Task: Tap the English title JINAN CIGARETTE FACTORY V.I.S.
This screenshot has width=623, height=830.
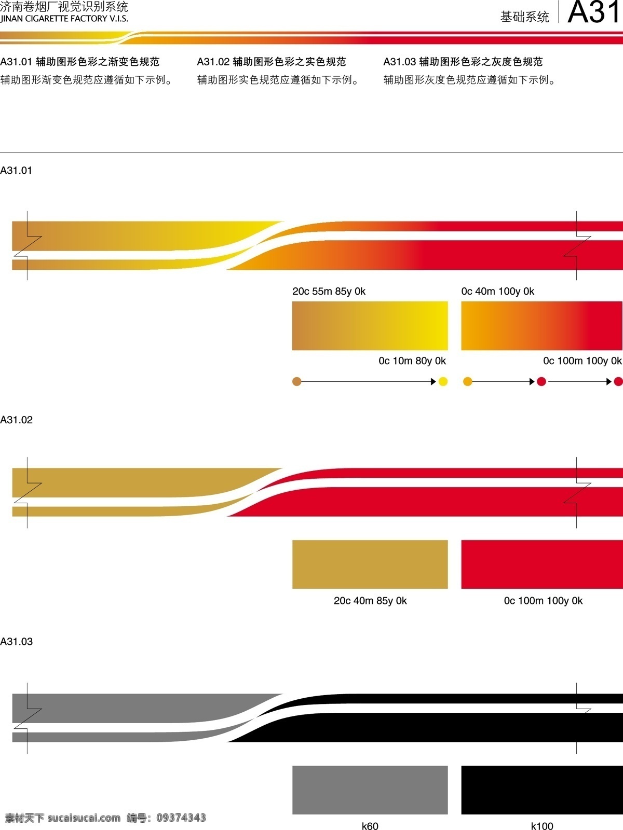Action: pyautogui.click(x=64, y=19)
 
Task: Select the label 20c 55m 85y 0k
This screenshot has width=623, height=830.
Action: pyautogui.click(x=329, y=291)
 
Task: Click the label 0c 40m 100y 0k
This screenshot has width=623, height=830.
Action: pyautogui.click(x=497, y=291)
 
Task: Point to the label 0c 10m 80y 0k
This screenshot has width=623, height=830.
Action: pyautogui.click(x=412, y=361)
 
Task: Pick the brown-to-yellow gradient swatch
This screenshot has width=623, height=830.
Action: pyautogui.click(x=370, y=326)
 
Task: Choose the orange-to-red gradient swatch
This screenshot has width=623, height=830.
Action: pyautogui.click(x=541, y=326)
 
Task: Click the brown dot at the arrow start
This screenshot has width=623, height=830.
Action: pyautogui.click(x=297, y=381)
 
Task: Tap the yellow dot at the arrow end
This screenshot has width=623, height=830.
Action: pyautogui.click(x=443, y=381)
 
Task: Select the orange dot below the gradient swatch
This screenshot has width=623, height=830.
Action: pyautogui.click(x=468, y=381)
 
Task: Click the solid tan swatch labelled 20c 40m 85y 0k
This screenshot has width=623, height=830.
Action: pyautogui.click(x=370, y=564)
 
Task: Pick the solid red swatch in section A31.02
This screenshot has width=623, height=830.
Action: pyautogui.click(x=542, y=564)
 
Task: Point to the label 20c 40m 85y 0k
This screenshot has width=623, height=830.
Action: pyautogui.click(x=370, y=601)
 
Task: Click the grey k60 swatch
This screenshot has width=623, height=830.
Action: pyautogui.click(x=370, y=790)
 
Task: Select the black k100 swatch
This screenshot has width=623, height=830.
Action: pyautogui.click(x=542, y=790)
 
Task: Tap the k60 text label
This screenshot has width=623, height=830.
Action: pyautogui.click(x=370, y=826)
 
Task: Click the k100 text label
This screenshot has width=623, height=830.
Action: pyautogui.click(x=542, y=826)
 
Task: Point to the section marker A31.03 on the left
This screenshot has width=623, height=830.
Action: pyautogui.click(x=16, y=641)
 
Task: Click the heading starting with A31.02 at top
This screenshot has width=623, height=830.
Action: pyautogui.click(x=271, y=62)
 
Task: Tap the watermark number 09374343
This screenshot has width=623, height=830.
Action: pyautogui.click(x=181, y=818)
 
